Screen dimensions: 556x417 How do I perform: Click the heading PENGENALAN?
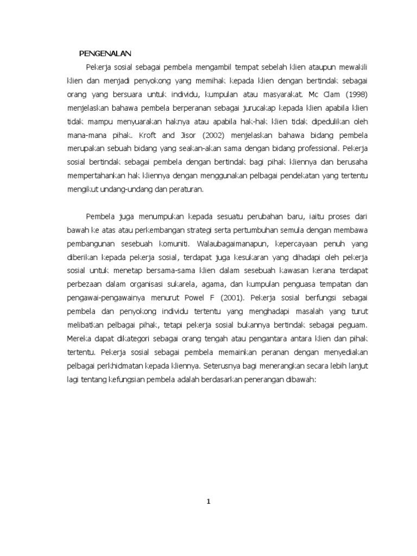106,53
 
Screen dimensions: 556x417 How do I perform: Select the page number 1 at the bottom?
208,502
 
